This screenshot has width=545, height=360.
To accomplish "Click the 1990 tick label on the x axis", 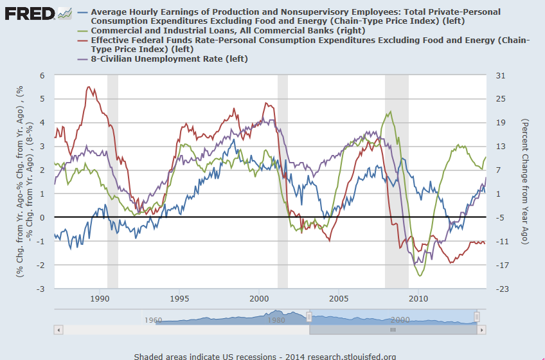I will click(100, 298).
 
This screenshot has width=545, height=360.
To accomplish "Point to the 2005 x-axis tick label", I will click(339, 298).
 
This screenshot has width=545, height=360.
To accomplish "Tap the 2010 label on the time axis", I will click(418, 298).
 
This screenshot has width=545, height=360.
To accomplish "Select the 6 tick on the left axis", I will click(42, 75).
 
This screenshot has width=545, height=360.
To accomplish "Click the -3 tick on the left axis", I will click(41, 289).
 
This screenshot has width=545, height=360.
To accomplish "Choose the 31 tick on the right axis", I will click(500, 75).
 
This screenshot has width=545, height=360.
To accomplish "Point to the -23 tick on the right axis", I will click(502, 289).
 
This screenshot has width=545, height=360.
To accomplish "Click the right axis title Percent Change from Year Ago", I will click(524, 182).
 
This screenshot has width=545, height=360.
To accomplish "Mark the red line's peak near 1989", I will click(89, 87).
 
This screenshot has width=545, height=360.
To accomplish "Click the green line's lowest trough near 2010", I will click(421, 276).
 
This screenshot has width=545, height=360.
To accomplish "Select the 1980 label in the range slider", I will click(278, 319).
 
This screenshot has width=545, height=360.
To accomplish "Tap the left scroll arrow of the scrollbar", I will click(58, 330).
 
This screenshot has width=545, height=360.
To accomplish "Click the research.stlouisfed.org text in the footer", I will click(353, 356).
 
